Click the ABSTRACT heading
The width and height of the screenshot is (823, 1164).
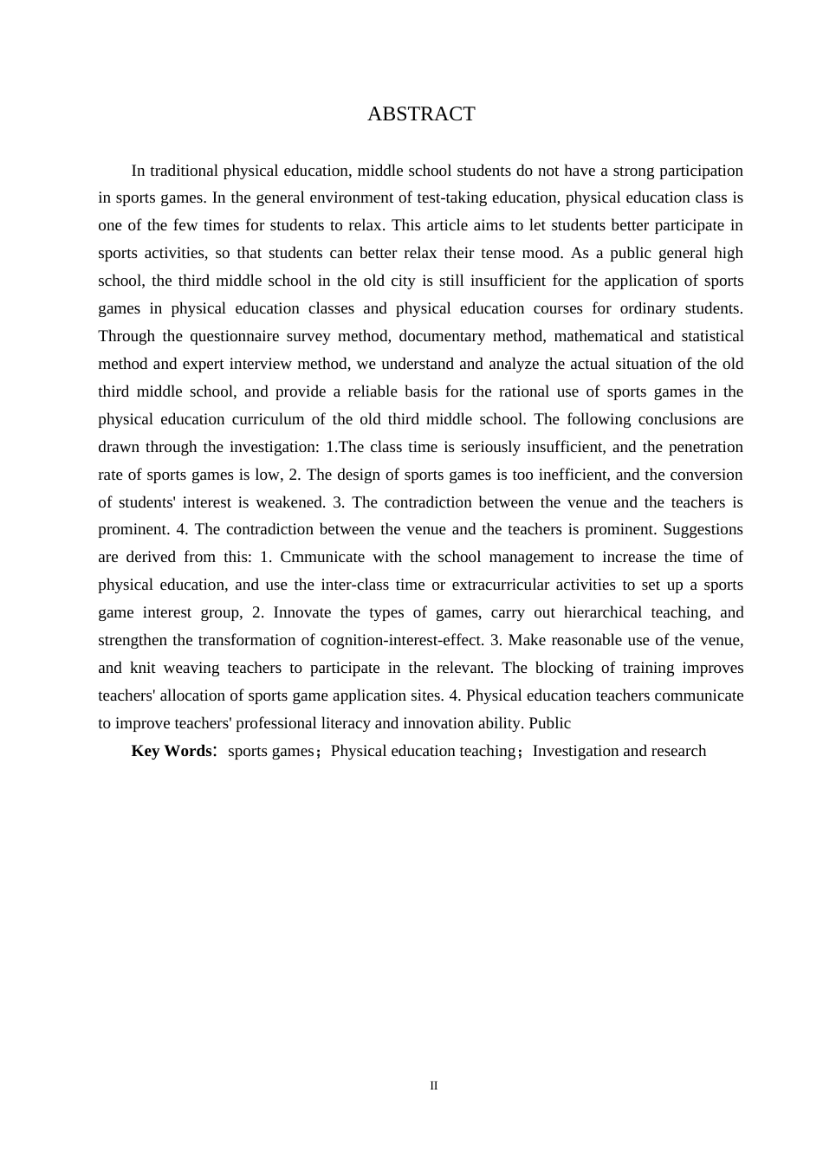coord(421,114)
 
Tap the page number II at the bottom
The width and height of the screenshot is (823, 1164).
coord(434,1086)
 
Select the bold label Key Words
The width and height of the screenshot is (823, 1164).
coord(171,751)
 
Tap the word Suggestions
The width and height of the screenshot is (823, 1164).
coord(703,529)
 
